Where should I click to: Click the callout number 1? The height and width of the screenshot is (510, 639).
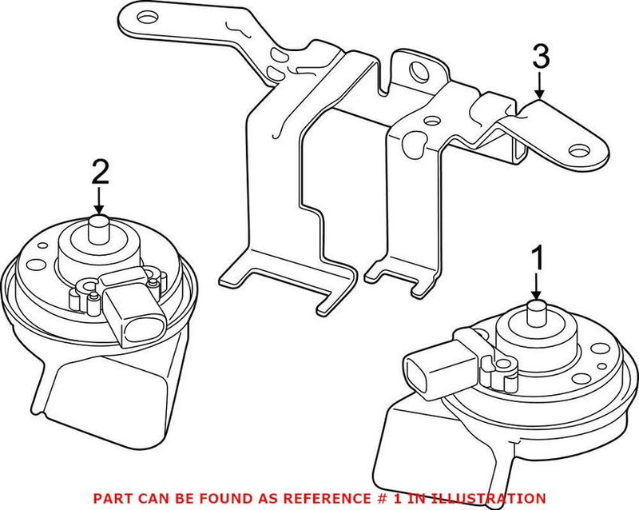pyautogui.click(x=538, y=258)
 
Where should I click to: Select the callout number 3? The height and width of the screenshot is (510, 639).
pyautogui.click(x=540, y=57)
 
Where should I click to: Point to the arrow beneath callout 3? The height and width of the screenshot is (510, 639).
pyautogui.click(x=540, y=86)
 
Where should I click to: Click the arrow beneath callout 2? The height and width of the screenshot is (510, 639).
pyautogui.click(x=99, y=201)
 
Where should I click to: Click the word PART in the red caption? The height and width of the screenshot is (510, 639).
pyautogui.click(x=110, y=497)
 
